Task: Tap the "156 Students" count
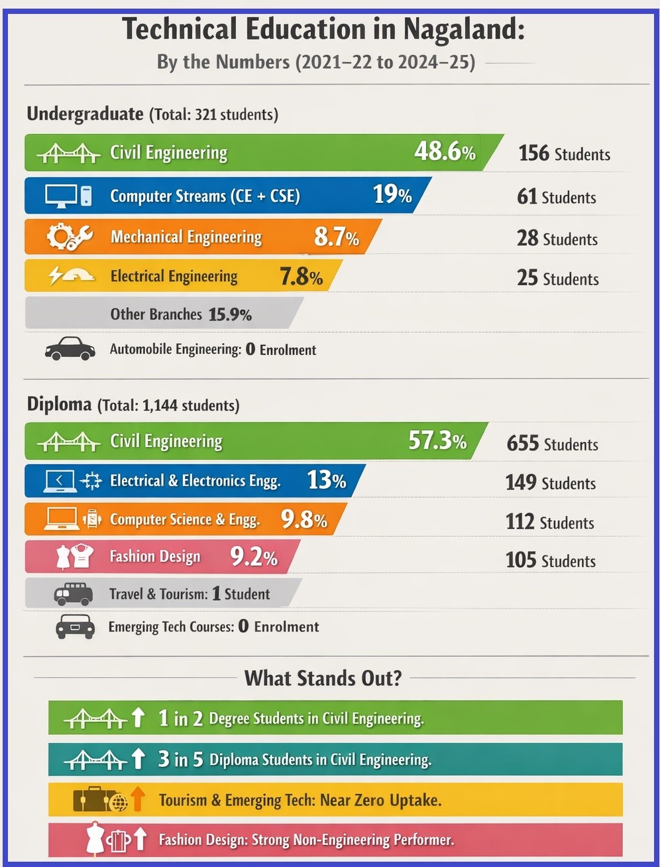pos(564,153)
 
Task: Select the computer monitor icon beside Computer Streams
pos(62,196)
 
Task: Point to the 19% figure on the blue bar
pos(392,194)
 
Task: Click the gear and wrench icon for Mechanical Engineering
pos(70,237)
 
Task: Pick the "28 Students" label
pos(557,238)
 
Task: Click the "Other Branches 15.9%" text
pos(181,314)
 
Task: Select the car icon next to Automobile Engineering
pos(70,348)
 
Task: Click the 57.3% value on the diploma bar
pos(437,440)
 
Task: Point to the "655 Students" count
pos(552,443)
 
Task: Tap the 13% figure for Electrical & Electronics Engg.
pos(326,480)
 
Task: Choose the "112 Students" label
pos(550,522)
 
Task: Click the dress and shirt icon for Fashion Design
pos(73,556)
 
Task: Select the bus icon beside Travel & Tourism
pos(73,594)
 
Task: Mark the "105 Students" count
pos(550,561)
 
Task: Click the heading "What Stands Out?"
pos(323,678)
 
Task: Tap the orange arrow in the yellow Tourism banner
pos(137,799)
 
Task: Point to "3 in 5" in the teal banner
pos(180,759)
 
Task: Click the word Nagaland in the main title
pos(463,30)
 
